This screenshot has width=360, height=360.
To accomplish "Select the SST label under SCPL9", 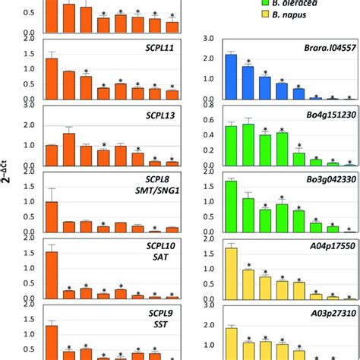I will (160, 325).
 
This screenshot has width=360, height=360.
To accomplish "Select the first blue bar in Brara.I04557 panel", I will (231, 77).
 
